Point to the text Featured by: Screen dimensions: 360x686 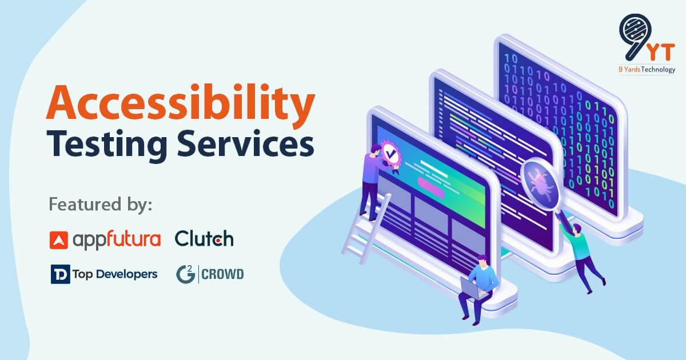101,204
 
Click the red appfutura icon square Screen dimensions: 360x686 59,239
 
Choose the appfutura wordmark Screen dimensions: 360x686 117,239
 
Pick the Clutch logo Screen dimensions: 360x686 204,238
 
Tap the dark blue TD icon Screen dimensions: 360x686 59,274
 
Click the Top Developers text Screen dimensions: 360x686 115,274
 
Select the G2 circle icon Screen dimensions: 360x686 185,274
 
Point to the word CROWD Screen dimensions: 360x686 223,274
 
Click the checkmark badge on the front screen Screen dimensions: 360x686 390,153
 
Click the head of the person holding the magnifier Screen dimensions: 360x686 577,229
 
